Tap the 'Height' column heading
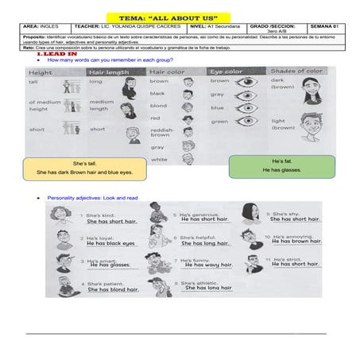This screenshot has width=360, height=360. tap(41, 72)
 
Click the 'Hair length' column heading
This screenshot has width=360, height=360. tap(106, 72)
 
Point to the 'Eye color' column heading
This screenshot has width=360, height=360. tap(226, 72)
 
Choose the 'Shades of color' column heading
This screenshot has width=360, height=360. tap(296, 72)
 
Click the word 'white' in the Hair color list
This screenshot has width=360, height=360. tap(159, 159)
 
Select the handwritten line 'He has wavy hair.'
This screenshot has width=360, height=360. tap(207, 265)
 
